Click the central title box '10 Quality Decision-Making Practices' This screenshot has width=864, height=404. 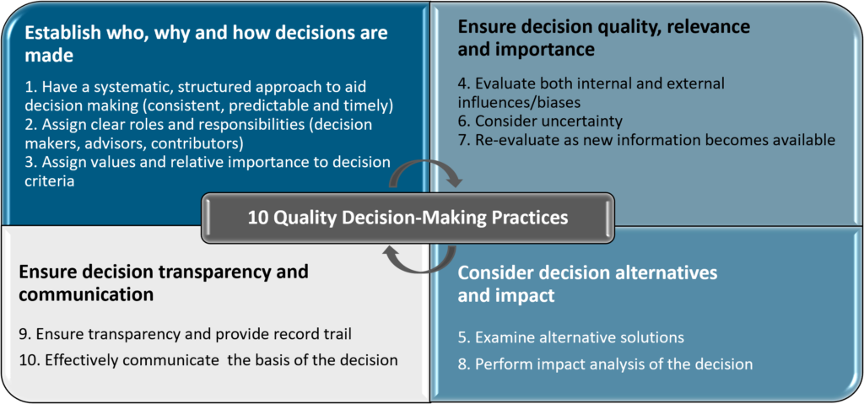(408, 218)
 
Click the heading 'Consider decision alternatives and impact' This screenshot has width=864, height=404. (588, 284)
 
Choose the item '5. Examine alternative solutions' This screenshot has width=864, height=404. (571, 337)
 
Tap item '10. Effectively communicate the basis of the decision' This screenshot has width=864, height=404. (208, 361)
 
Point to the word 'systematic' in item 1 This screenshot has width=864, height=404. (116, 87)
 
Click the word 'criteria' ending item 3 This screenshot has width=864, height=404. (46, 180)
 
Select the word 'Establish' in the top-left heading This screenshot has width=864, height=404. (55, 33)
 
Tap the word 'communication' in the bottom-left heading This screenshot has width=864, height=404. (86, 294)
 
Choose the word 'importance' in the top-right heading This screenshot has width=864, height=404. (552, 50)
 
